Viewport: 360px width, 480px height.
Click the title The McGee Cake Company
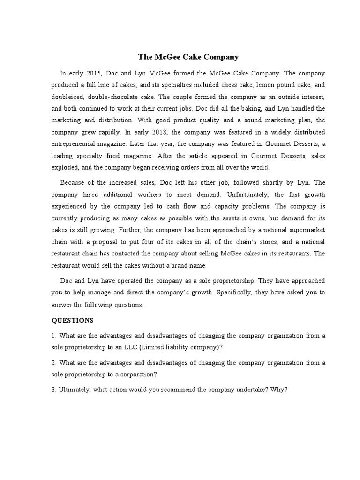click(188, 57)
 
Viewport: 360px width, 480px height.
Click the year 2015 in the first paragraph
click(94, 74)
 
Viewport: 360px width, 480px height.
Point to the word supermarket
click(305, 230)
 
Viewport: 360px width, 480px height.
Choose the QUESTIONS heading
click(73, 320)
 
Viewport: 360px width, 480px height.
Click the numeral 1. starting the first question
click(54, 336)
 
